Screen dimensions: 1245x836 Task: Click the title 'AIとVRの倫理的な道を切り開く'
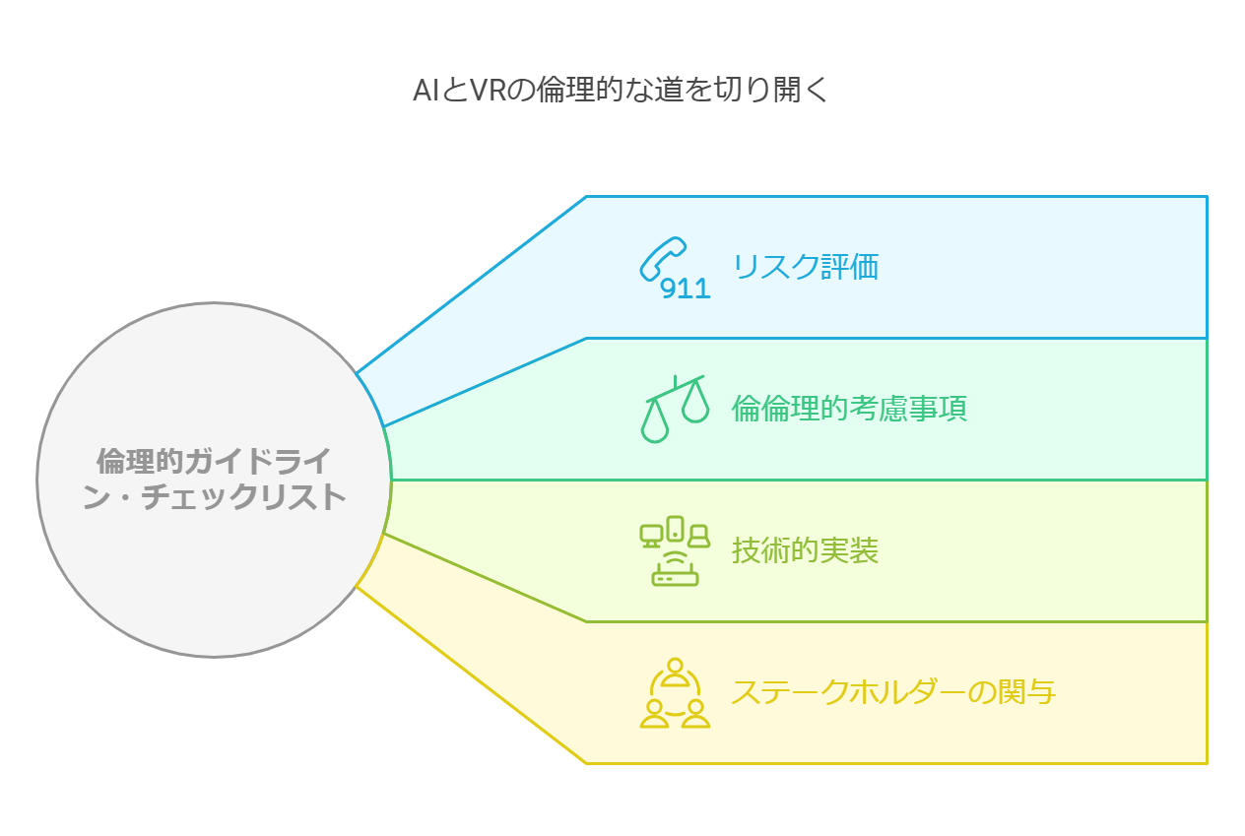pos(622,90)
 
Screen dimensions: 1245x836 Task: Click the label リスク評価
pos(806,267)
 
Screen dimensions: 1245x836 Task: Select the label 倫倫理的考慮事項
pos(849,409)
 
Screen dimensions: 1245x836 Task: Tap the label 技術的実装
pos(805,549)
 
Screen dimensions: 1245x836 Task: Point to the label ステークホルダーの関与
pos(893,692)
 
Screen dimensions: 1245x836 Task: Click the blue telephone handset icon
pos(663,259)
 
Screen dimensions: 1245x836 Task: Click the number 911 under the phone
pos(685,289)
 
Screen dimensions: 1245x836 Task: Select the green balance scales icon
pos(676,409)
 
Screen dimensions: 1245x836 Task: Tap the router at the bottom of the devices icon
pos(675,571)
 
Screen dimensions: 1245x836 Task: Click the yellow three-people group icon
pos(675,692)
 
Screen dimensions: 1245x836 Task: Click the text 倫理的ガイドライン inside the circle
pos(214,461)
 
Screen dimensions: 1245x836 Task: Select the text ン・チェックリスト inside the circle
pos(214,496)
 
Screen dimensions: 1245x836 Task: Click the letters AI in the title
pos(426,90)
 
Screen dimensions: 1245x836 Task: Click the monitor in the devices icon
pos(651,536)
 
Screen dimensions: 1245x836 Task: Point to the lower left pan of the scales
pos(655,423)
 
